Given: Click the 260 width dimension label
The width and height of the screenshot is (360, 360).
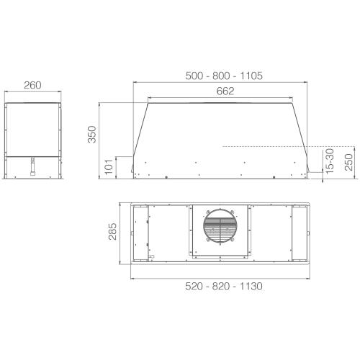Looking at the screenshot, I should [32, 85].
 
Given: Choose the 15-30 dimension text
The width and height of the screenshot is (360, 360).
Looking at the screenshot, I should [329, 159].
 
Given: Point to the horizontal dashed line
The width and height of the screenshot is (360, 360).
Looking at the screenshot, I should [266, 145].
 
